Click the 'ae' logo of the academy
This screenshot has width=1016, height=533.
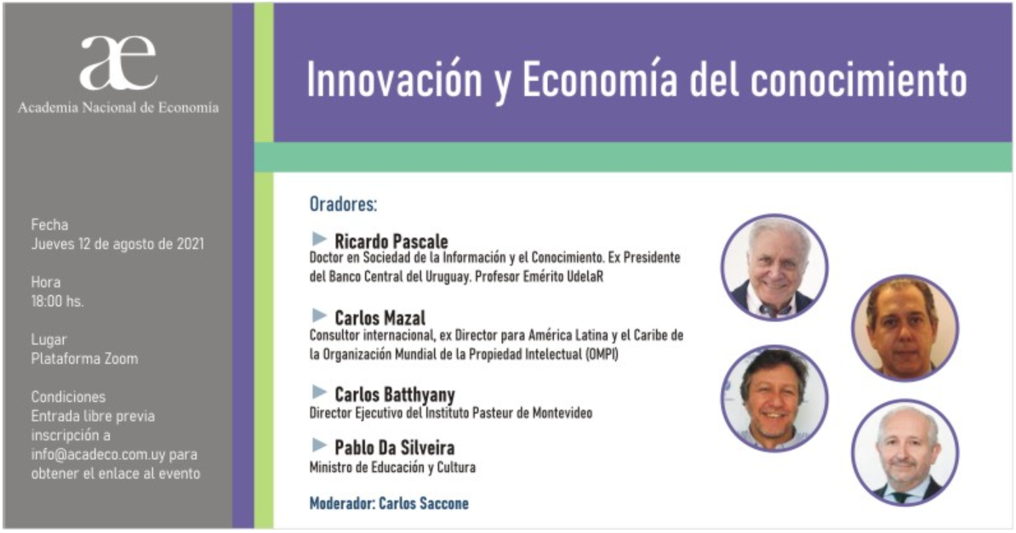coord(118,63)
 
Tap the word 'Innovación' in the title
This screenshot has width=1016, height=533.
coord(395,80)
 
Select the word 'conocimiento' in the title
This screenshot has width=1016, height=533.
coord(859,80)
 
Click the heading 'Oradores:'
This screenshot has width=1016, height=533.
coord(343,204)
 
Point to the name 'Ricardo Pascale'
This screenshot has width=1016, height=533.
coord(391,241)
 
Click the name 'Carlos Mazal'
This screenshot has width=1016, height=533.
coord(380,317)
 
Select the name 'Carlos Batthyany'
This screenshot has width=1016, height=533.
coord(395,394)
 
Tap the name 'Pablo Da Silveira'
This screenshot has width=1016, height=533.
coord(394,447)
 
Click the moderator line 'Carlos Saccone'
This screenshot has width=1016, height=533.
coord(423,503)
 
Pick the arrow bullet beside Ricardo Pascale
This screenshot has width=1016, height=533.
coord(319,239)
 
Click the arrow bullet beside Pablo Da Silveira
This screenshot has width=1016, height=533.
coord(319,445)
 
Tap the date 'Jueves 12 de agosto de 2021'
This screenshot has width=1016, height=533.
coord(117,244)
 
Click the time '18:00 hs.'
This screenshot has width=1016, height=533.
coord(57,301)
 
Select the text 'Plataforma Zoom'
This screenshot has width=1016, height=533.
coord(84,359)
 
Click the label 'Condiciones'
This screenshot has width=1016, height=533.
coord(68,396)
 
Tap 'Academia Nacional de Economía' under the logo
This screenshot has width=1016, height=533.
coord(118,107)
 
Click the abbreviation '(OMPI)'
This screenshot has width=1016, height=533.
coord(602,354)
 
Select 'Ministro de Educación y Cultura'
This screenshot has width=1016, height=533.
coord(392,467)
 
